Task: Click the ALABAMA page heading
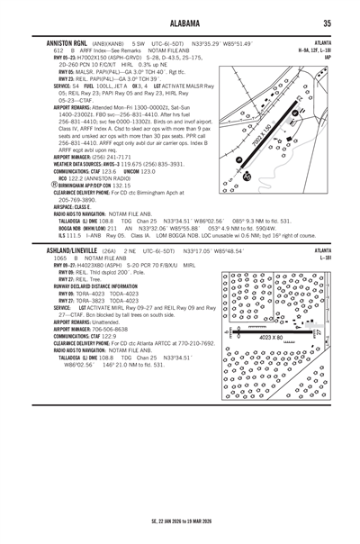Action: pos(179,23)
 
